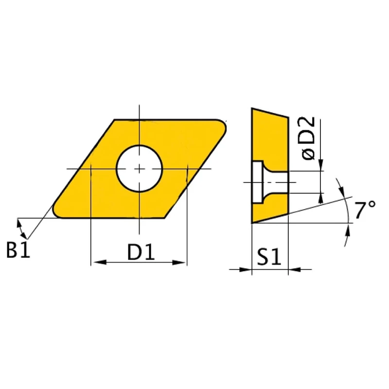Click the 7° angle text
click(x=365, y=211)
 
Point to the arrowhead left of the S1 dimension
click(x=246, y=269)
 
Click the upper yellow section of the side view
click(x=269, y=139)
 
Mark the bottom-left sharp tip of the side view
click(x=252, y=223)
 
